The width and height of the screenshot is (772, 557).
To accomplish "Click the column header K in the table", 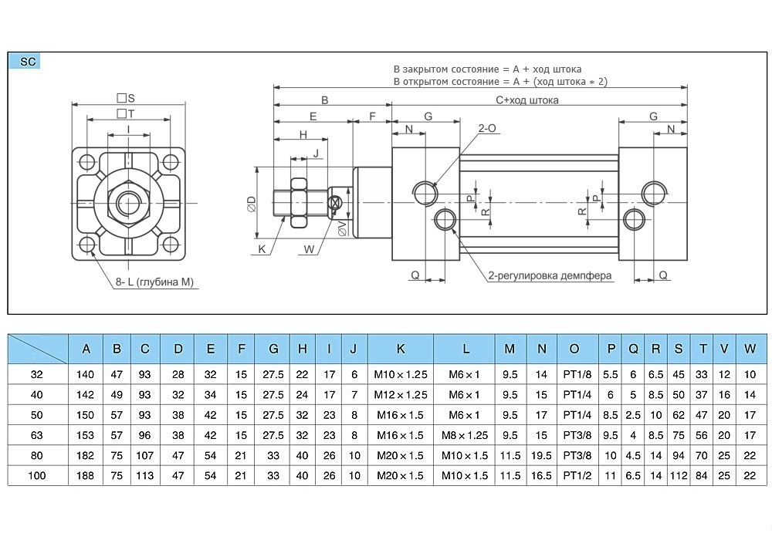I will pos(401,349).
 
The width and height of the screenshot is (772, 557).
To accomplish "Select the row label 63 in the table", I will pos(37,435).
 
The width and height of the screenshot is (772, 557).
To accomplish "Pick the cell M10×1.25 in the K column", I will pos(401,375).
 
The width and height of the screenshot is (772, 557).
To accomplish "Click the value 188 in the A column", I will pos(86,475).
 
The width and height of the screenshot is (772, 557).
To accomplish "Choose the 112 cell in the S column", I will pos(679,475).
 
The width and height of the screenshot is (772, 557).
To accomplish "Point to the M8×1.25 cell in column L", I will pos(466,435).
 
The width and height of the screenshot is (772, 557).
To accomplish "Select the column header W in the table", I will pos(750,349).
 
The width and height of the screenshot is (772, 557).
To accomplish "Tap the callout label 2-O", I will pos(487,128).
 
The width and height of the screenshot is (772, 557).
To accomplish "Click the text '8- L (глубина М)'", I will pos(154,282).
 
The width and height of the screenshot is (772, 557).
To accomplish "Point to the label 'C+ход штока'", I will pos(527,100).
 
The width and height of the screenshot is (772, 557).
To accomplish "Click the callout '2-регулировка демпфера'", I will pos(549,275).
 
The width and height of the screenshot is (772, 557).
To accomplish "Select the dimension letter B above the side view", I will pos(325,100).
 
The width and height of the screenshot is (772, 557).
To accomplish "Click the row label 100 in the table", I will pos(37,475).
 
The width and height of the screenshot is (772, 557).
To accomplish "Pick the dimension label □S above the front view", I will pos(126,98).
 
